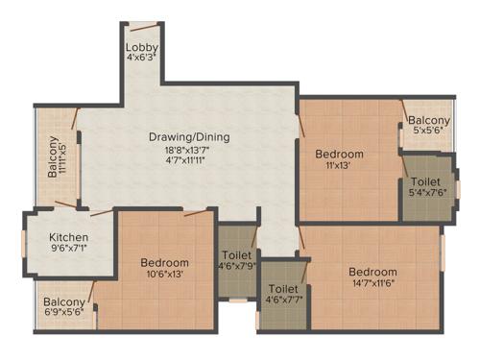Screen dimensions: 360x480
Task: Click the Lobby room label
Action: (x=141, y=47)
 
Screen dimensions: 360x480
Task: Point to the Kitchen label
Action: (x=70, y=237)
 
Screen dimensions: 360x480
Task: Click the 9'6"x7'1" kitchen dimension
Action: (x=70, y=249)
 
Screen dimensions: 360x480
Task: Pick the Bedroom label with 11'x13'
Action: (x=340, y=154)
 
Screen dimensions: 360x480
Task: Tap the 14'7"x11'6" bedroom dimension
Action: (x=372, y=283)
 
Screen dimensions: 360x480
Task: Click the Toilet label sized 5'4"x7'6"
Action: (x=425, y=181)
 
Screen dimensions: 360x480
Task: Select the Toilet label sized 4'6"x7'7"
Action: (x=284, y=288)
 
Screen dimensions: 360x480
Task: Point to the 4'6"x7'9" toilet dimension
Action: (x=236, y=265)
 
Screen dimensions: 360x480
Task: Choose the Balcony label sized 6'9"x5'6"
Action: (x=63, y=301)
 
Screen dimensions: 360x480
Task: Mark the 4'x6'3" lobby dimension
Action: (x=141, y=57)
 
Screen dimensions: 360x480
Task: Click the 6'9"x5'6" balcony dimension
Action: (x=63, y=312)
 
